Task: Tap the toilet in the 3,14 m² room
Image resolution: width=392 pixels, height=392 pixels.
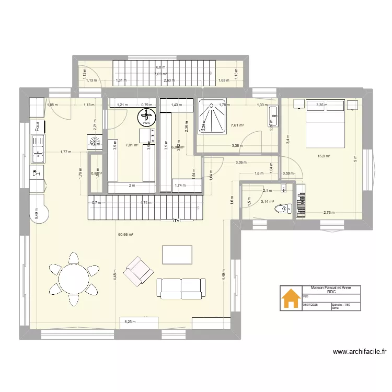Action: coord(282,209)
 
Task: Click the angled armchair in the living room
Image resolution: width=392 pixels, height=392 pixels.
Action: coord(139,271)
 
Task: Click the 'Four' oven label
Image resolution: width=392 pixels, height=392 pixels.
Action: coord(38,126)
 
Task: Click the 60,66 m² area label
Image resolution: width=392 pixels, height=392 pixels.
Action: coord(125,235)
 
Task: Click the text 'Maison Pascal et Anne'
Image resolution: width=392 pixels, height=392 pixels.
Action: coord(331,287)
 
